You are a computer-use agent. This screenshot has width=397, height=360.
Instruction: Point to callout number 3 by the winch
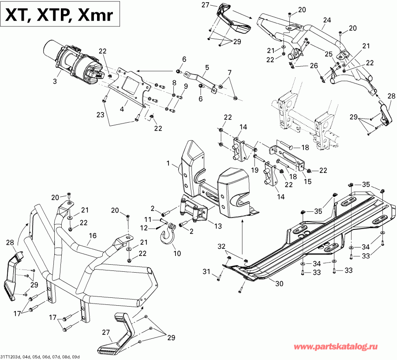(55, 82)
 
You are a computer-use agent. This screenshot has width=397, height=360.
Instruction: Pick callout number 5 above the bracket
(206, 68)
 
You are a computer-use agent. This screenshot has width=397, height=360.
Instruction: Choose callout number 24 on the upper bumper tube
(326, 20)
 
